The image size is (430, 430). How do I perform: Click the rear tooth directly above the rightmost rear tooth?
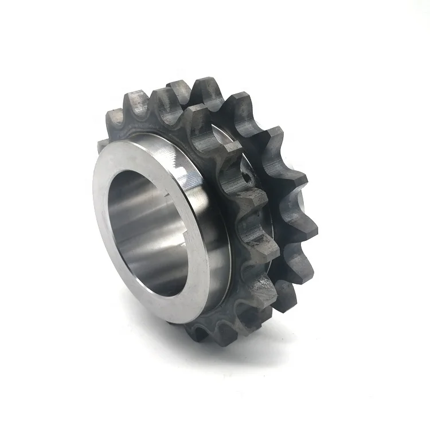coord(292,183)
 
